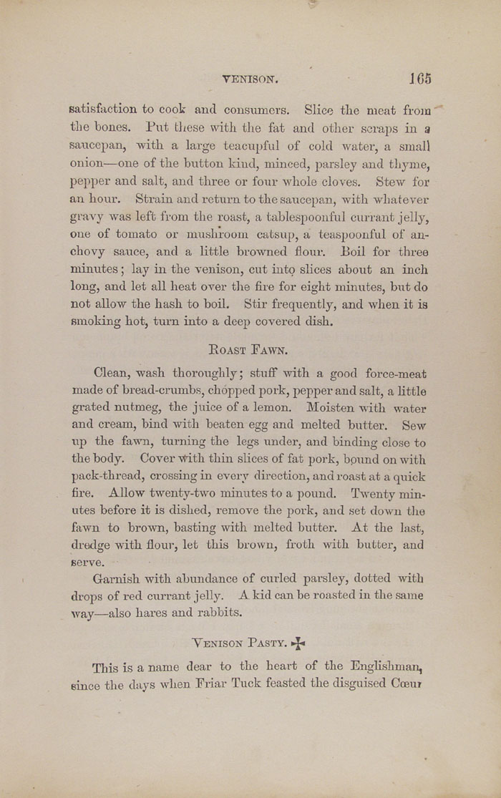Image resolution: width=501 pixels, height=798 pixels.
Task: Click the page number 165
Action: (x=420, y=79)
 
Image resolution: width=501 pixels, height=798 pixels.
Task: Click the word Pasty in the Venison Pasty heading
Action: (x=264, y=643)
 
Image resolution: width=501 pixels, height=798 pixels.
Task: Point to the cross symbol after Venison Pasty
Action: (x=297, y=643)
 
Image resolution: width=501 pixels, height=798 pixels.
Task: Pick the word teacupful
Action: (x=251, y=145)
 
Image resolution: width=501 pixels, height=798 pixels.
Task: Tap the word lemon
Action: (x=273, y=407)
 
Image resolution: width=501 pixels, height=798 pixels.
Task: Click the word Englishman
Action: (x=386, y=666)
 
